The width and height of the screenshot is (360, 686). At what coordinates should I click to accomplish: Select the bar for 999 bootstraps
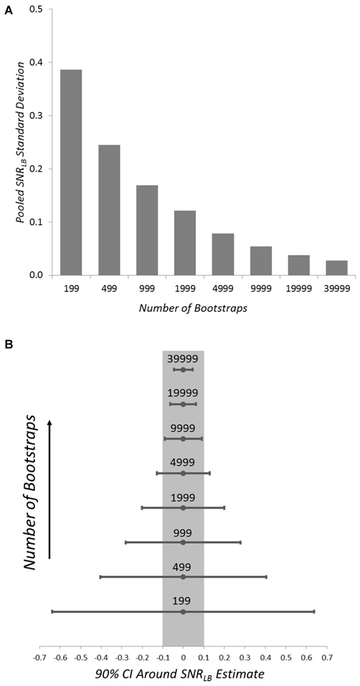pyautogui.click(x=146, y=230)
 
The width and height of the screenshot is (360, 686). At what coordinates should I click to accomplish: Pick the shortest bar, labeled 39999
pyautogui.click(x=336, y=268)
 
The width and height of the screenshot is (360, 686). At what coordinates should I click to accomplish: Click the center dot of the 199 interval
pyautogui.click(x=183, y=611)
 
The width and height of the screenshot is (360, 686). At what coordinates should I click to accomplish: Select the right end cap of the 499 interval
pyautogui.click(x=266, y=577)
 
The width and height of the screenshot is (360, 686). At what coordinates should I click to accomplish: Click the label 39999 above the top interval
pyautogui.click(x=183, y=359)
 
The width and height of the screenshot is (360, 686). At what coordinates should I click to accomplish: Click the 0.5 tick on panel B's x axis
pyautogui.click(x=286, y=657)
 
